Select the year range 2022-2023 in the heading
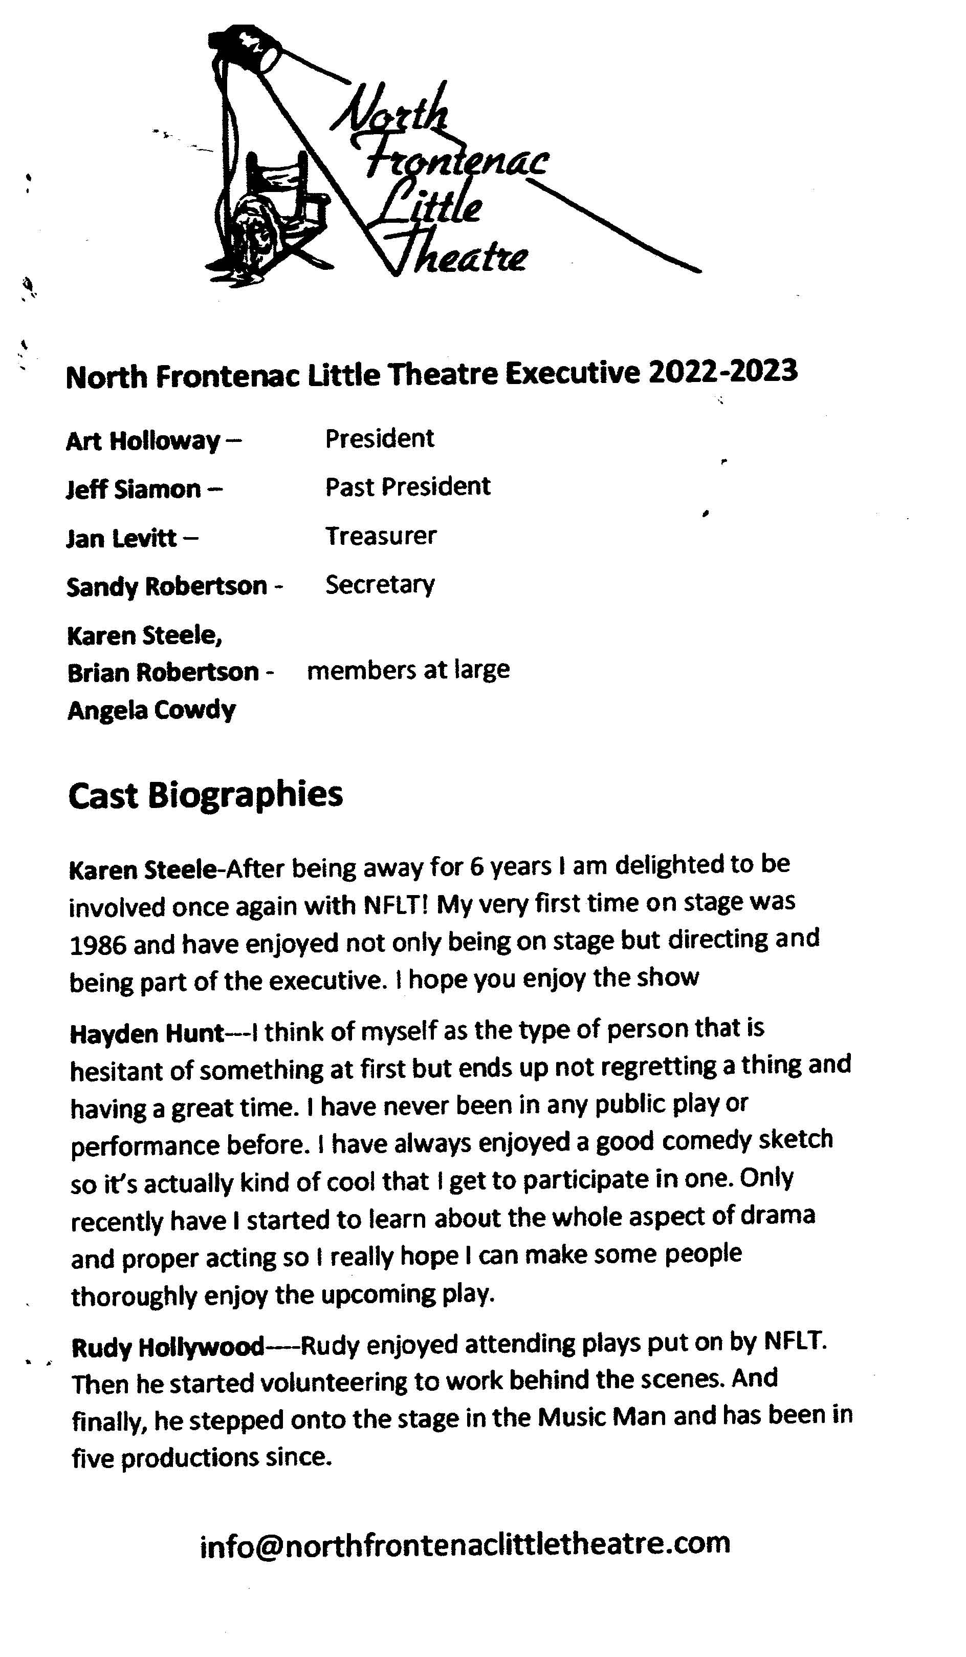pos(722,372)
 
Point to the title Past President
pos(407,486)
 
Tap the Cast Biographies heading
pos(205,794)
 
